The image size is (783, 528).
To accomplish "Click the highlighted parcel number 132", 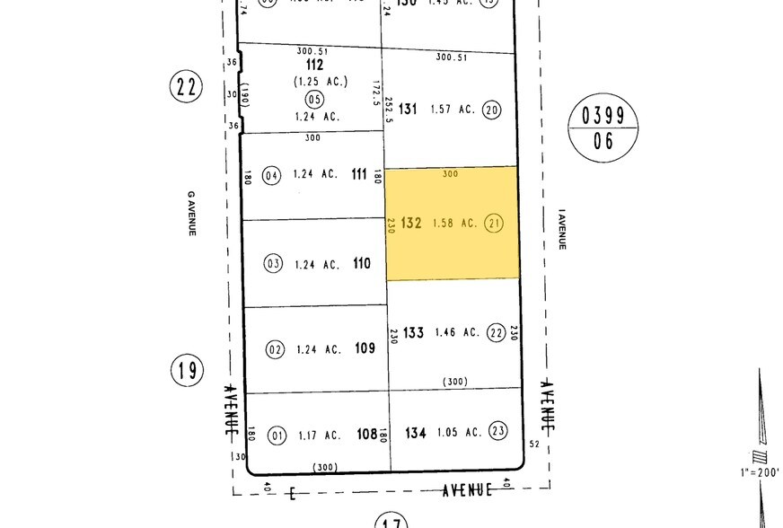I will [x=411, y=223].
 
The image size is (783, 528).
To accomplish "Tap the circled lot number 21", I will [x=493, y=223].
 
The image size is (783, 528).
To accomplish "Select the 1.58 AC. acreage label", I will [x=454, y=223].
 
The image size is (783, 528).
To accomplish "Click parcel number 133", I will [x=413, y=333].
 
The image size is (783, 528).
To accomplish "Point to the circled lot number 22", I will [x=496, y=333].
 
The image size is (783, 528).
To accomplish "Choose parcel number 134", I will [x=415, y=433].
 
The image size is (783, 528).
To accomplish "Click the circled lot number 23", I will [x=498, y=431].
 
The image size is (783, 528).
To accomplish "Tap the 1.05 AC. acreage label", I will [x=457, y=433].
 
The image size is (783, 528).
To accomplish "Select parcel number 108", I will [x=366, y=435].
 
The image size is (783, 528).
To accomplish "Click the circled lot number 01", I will [x=277, y=436].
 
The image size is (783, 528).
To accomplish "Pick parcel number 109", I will [x=365, y=348].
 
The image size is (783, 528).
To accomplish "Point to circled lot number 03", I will [x=274, y=264].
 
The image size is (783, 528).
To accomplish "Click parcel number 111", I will [x=359, y=176].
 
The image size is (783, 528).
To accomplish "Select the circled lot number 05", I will [x=314, y=99].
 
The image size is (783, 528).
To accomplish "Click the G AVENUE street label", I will [x=191, y=213].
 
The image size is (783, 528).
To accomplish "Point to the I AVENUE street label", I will [x=562, y=229].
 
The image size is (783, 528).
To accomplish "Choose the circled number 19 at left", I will [x=187, y=368].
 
